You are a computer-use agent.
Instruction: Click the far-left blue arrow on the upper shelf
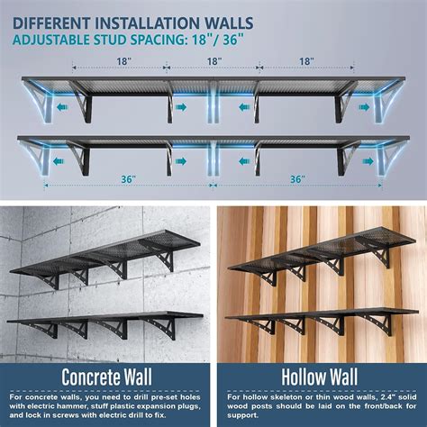[62, 105]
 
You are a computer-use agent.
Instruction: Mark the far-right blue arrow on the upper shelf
[365, 105]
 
